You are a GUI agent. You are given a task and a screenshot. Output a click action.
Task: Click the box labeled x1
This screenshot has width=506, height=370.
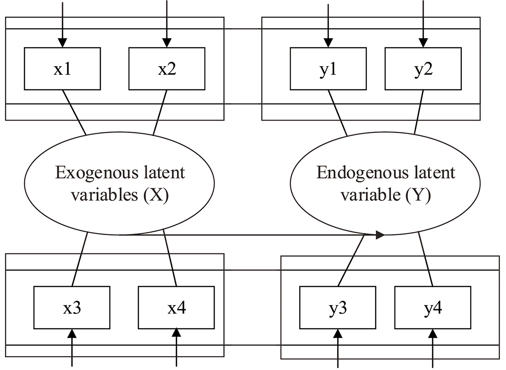point(62,69)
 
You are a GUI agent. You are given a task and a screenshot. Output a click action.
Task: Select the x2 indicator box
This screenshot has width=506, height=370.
point(167,69)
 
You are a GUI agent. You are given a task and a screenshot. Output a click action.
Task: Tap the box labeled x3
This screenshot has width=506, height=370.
point(72,308)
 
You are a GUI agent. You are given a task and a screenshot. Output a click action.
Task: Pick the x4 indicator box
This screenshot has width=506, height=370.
point(176,308)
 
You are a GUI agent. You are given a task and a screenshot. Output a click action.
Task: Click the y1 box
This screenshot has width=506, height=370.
point(328,69)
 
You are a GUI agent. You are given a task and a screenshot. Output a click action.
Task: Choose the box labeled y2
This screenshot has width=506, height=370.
point(423,69)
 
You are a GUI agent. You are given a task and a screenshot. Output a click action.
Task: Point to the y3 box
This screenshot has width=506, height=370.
point(337,308)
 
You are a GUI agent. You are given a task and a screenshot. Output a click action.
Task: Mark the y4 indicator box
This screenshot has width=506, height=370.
point(432,308)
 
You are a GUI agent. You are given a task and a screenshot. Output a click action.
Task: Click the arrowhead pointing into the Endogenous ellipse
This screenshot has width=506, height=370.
point(379,235)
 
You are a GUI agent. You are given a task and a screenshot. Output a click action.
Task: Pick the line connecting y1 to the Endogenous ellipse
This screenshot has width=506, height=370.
point(337,113)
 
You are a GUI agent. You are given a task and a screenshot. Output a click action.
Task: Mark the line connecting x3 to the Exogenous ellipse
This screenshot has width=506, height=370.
point(80,259)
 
